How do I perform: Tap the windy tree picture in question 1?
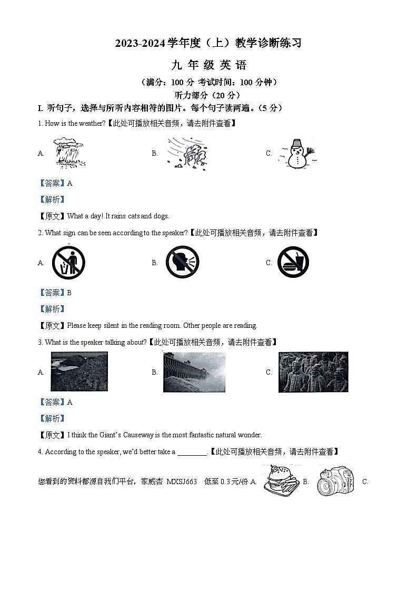[186, 153]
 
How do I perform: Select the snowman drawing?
[298, 154]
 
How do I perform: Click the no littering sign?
[68, 263]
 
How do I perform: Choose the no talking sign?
[182, 263]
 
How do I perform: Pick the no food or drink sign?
[293, 262]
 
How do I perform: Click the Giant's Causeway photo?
[79, 372]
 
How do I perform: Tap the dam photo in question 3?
[194, 372]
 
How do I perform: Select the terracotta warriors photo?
[313, 372]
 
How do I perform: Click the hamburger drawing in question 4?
[278, 480]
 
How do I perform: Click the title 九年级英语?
[208, 66]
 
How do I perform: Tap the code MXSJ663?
[181, 482]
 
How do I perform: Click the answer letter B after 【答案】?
[69, 293]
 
